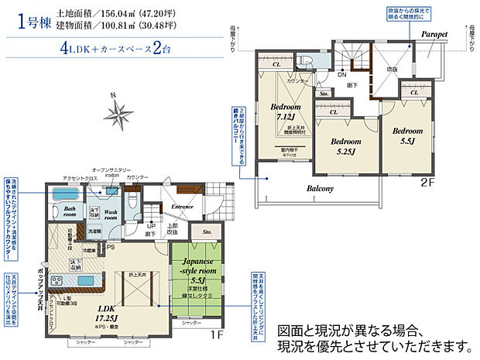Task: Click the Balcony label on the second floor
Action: pyautogui.click(x=319, y=188)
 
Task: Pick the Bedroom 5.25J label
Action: pyautogui.click(x=345, y=146)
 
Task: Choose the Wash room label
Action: pyautogui.click(x=110, y=214)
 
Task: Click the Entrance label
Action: pyautogui.click(x=183, y=207)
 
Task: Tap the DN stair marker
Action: pyautogui.click(x=342, y=75)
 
